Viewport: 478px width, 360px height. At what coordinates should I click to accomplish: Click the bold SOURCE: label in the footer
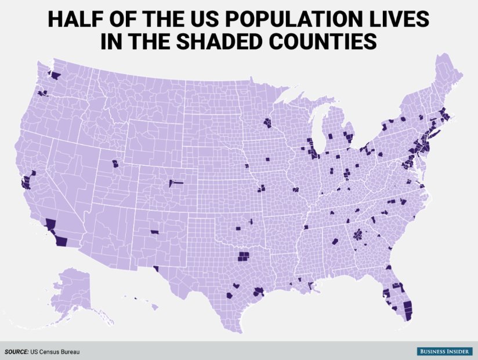coord(17,351)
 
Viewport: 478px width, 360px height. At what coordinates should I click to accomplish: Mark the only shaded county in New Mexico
coord(154,232)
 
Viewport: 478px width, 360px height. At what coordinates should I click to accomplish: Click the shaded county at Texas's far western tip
coord(155,268)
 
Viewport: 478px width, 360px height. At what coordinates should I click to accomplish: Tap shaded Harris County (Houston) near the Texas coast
coord(259,292)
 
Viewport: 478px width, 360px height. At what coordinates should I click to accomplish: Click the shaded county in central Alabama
coord(335,241)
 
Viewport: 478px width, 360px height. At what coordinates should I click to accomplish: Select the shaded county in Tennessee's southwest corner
coord(306,228)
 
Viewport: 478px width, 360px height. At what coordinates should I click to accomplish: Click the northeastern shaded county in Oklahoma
coord(251,221)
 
